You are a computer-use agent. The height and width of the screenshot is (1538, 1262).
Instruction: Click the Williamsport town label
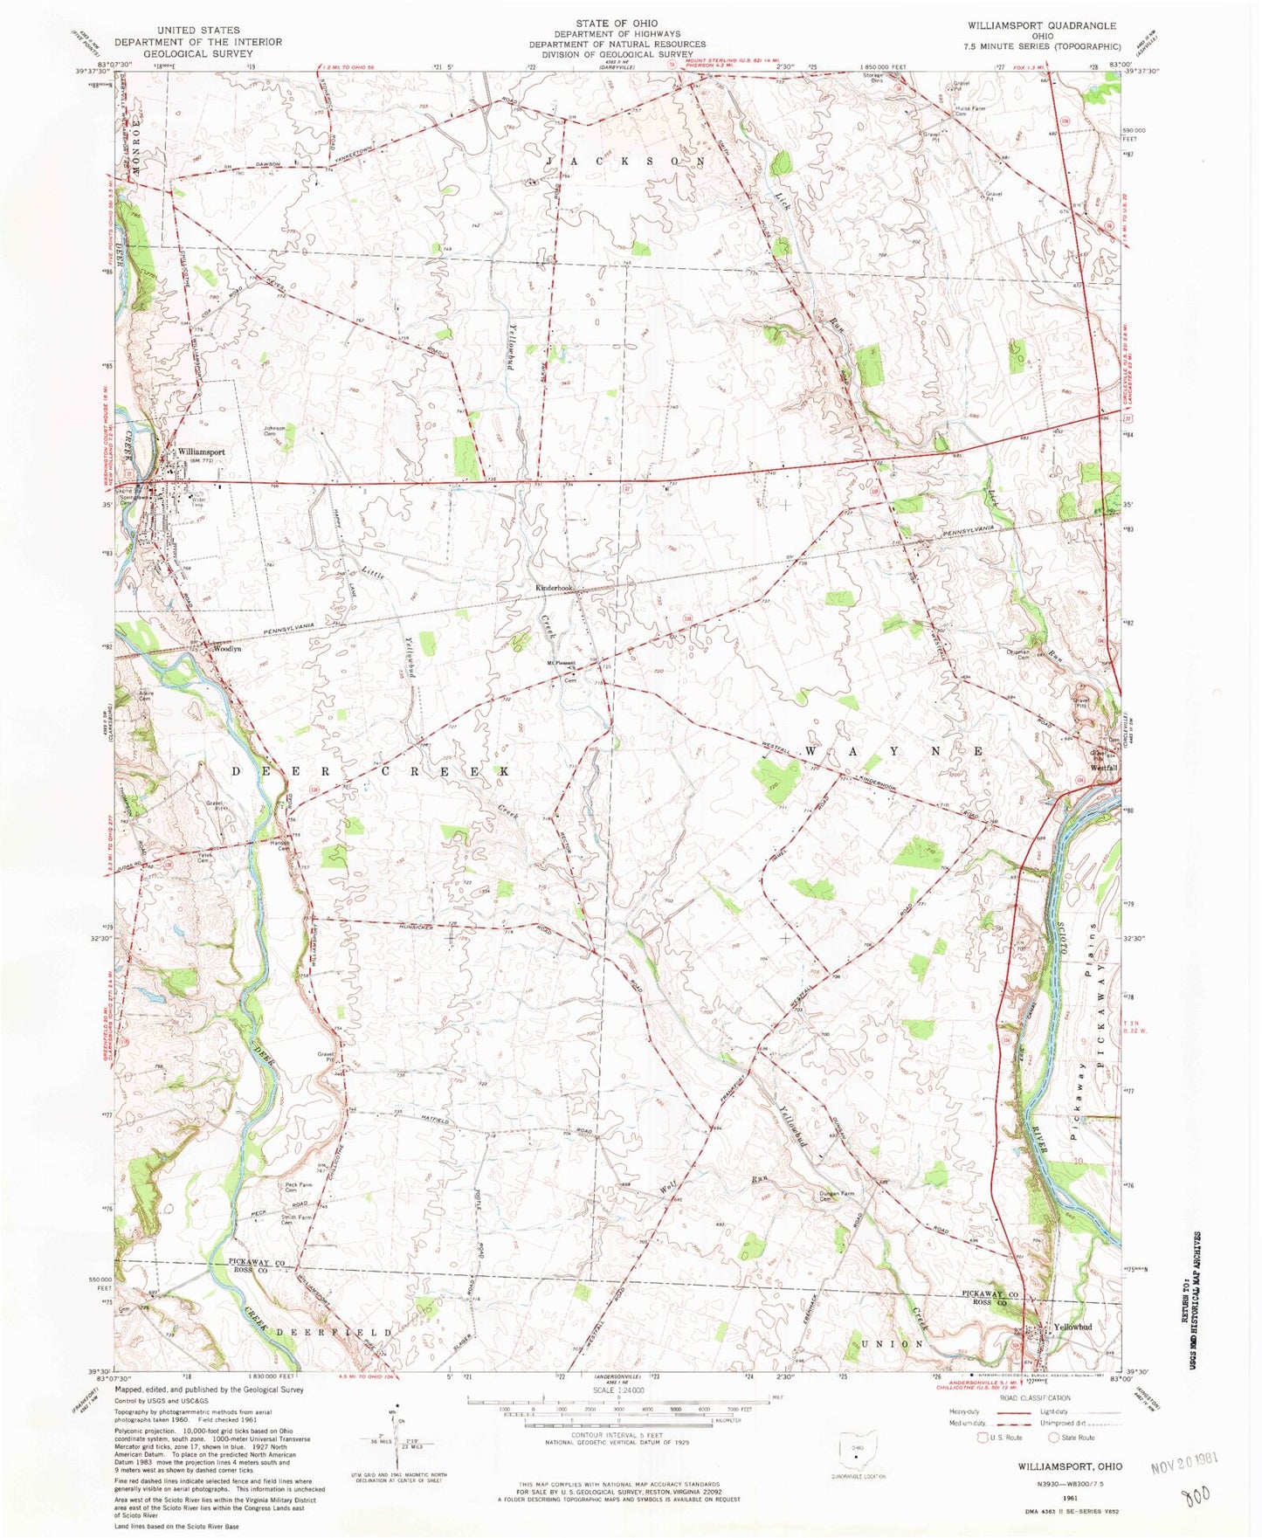coord(201,452)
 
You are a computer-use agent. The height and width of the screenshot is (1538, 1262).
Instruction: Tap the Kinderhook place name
coord(554,588)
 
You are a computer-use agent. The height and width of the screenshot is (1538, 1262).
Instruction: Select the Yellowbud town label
coord(1072,1327)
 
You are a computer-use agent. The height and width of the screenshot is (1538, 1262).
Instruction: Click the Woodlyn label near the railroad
coord(225,650)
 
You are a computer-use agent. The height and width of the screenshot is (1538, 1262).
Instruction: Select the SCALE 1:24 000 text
coord(617,1390)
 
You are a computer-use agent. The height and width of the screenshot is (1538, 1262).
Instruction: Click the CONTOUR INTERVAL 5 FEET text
coord(618,1435)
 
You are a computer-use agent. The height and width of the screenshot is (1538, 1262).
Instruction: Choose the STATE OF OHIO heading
coord(617,23)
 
